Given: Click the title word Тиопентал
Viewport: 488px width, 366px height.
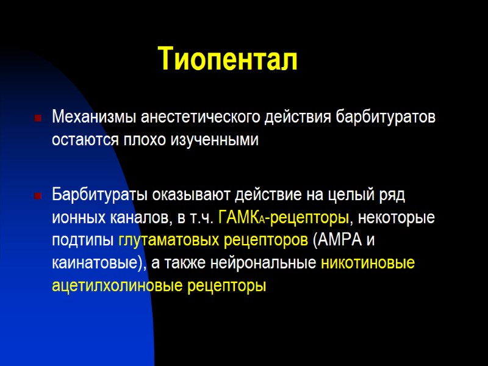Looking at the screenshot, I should click(228, 59).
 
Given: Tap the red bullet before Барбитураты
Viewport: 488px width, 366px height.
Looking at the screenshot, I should click(38, 196).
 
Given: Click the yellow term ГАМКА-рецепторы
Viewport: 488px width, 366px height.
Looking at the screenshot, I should click(283, 217).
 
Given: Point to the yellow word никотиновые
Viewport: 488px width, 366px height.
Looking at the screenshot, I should click(367, 263).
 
